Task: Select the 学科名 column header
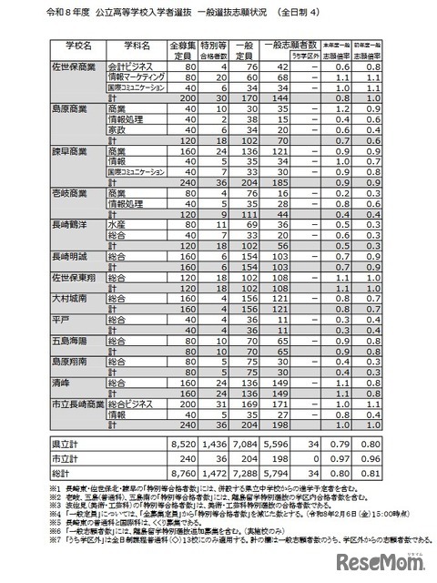[x=135, y=46]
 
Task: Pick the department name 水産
[x=116, y=222]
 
